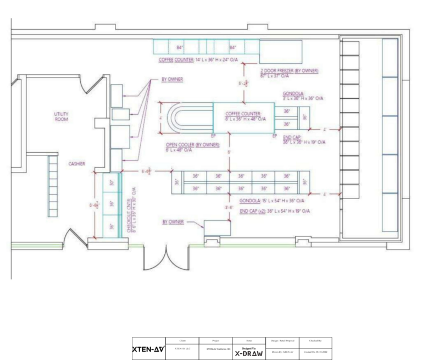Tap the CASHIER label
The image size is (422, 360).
[77, 163]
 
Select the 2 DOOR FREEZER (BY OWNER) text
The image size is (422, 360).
[290, 74]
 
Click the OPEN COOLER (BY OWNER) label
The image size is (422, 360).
[192, 148]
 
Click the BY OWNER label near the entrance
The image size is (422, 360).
[173, 222]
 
